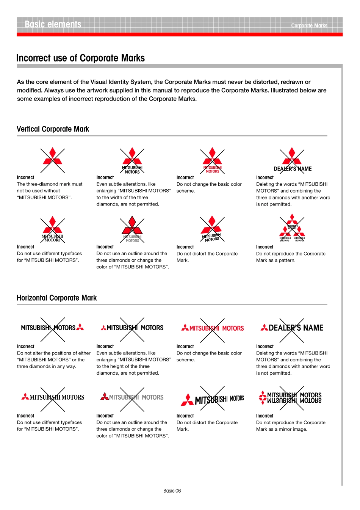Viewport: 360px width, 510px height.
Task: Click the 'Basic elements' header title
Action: (53, 25)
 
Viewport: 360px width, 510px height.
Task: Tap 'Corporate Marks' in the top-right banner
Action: (309, 26)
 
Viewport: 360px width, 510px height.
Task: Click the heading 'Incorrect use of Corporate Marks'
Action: (80, 58)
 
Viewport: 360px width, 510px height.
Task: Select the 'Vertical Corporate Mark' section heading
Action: (53, 129)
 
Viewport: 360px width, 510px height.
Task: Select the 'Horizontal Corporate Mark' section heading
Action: (56, 298)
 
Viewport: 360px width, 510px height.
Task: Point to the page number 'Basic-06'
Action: (172, 491)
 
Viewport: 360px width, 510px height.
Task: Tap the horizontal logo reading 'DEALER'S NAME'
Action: (292, 328)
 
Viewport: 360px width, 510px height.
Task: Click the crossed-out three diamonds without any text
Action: (53, 160)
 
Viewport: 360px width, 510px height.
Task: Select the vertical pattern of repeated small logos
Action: (292, 228)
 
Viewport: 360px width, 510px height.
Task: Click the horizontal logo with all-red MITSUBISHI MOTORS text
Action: (212, 328)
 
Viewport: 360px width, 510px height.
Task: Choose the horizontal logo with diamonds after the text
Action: (52, 328)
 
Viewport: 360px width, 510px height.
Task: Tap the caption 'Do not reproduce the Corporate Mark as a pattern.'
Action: (291, 257)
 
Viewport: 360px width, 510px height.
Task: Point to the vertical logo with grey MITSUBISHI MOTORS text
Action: (132, 229)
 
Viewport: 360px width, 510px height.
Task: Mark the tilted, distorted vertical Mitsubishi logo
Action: (212, 229)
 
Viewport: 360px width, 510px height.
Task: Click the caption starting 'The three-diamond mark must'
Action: (50, 191)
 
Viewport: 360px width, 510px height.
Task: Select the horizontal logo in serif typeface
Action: (53, 397)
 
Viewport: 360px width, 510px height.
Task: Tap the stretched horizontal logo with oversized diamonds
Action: (212, 399)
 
